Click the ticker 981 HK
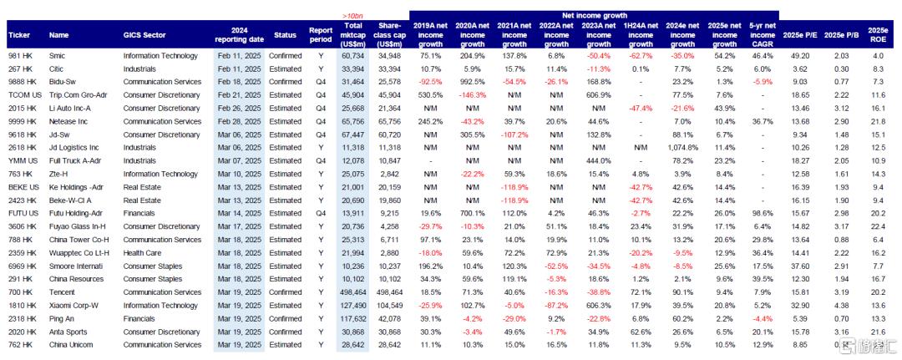20,54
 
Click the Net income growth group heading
595,15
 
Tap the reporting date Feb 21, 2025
240,94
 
